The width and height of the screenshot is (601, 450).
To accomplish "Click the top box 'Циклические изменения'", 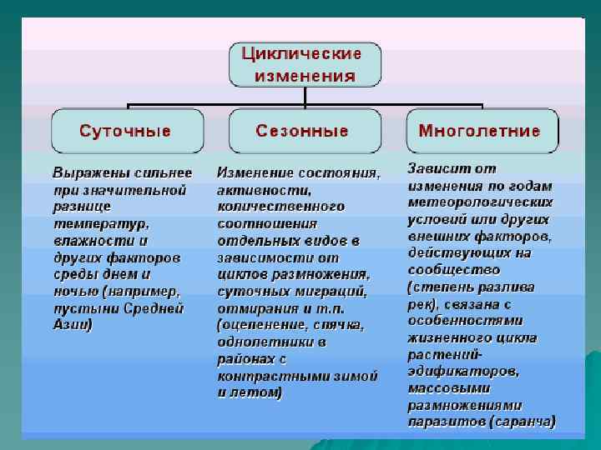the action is coord(305,64).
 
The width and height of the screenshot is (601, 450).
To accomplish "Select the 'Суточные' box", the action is coord(126,131).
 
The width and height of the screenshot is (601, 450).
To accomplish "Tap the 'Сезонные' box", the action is coord(301,131).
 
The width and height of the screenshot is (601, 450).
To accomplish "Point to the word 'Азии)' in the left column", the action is coord(73,325).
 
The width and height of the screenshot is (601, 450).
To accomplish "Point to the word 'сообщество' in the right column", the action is coord(453,269).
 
